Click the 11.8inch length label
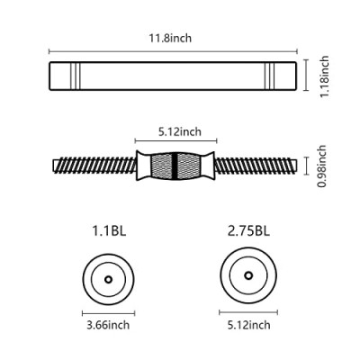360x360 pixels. (170, 39)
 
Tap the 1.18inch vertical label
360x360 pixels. (324, 76)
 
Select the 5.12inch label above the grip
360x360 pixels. (180, 131)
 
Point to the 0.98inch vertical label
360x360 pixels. (322, 166)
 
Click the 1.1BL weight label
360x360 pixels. (109, 231)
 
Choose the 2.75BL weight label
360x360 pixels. (248, 231)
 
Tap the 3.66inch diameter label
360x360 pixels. (108, 325)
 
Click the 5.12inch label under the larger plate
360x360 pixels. (248, 325)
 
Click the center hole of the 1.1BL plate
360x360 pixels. (108, 279)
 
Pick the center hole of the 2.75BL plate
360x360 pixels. (248, 275)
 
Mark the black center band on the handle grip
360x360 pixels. (175, 166)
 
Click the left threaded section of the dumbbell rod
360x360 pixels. (94, 166)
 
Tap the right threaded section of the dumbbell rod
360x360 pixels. (256, 166)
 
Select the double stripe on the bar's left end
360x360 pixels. (76, 76)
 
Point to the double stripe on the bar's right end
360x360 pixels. (270, 76)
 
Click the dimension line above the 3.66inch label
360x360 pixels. (108, 313)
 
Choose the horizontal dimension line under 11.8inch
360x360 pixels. (173, 51)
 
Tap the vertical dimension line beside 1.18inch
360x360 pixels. (306, 75)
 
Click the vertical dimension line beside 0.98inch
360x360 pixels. (306, 166)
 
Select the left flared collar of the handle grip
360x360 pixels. (142, 166)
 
